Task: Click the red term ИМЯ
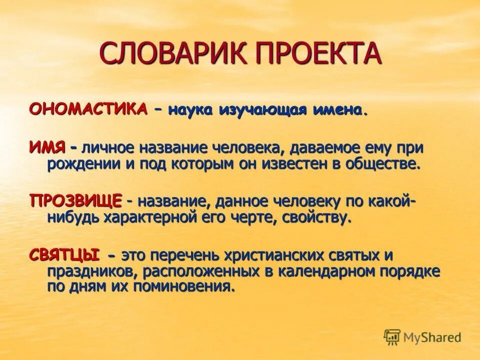coord(47,147)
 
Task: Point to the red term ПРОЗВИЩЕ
coord(75,201)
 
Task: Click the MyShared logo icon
coord(392,338)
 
